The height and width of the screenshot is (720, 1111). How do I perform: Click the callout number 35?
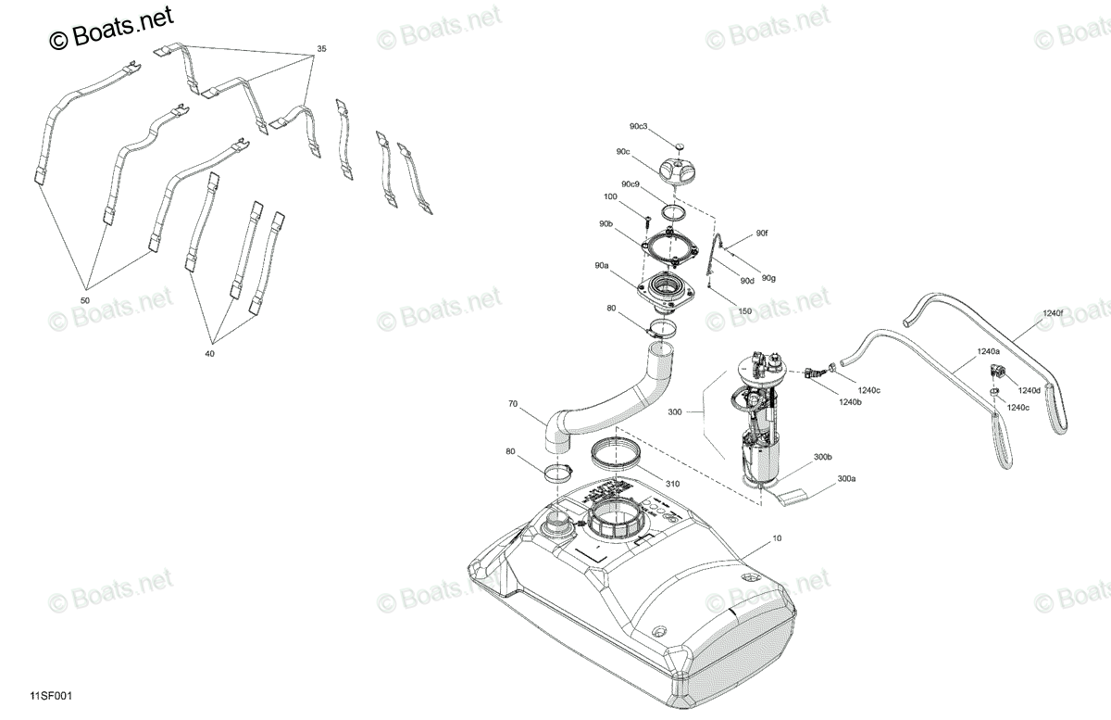coord(321,49)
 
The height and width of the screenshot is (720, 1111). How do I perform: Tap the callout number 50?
coord(85,300)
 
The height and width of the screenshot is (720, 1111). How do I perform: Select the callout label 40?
coord(210,354)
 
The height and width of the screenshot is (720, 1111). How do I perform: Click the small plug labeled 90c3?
coord(680,146)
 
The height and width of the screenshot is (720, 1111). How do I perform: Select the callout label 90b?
coord(605,224)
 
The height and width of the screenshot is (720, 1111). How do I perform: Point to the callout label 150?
coord(745,311)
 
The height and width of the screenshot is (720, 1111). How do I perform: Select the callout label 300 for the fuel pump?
coord(675,411)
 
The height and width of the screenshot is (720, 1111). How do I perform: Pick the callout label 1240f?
coord(1053,313)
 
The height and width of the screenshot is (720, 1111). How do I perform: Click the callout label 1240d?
coord(1030,390)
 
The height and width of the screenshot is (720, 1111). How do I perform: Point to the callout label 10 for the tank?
coord(777,537)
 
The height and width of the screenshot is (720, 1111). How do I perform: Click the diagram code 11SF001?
coord(51,696)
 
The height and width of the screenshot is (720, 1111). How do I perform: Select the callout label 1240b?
coord(850,402)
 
